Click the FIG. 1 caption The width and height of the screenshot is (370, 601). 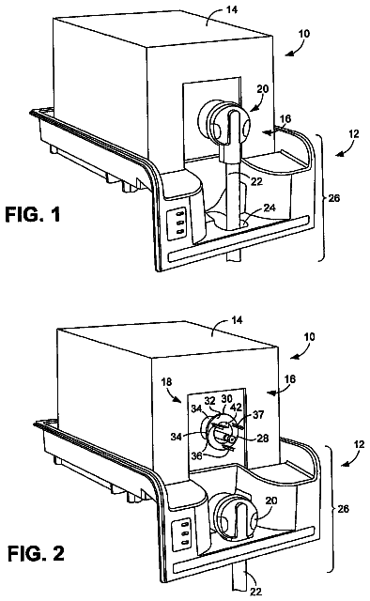point(33,214)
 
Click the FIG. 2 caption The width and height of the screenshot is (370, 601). point(37,553)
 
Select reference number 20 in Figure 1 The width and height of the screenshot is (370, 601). point(263,89)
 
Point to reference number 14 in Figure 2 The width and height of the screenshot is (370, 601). point(238,319)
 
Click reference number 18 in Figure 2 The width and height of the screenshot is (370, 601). point(167,382)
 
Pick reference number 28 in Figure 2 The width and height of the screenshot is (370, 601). point(263,438)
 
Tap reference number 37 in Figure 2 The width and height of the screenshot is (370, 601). point(258,414)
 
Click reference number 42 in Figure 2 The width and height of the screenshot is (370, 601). point(237,407)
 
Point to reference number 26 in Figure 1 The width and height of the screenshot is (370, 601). point(334,198)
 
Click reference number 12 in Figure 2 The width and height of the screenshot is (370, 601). point(360,444)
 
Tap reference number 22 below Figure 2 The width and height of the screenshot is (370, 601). point(255,592)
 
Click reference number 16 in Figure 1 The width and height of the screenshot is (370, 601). point(285,118)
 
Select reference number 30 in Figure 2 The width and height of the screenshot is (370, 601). point(226,398)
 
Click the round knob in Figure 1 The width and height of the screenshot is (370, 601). point(224,123)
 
